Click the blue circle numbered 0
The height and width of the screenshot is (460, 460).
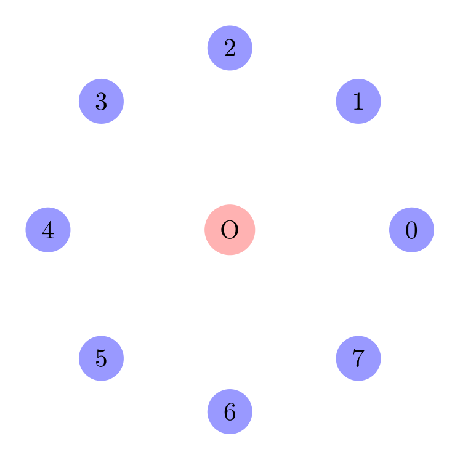tap(411, 230)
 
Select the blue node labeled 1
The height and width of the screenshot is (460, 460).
tap(358, 101)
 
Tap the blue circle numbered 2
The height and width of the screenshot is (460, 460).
tap(230, 48)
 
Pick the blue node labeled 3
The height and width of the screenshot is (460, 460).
tap(102, 101)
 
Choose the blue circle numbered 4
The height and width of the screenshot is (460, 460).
tap(48, 230)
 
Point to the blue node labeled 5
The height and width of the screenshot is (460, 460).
tap(102, 358)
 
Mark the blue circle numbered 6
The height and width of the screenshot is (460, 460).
tap(230, 411)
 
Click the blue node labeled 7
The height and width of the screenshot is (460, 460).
tap(358, 358)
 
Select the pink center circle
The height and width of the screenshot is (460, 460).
tap(230, 230)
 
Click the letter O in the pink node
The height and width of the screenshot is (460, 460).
tap(230, 230)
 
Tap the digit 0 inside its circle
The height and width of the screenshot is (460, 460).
tap(411, 230)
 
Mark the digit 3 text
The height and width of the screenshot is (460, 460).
tap(102, 102)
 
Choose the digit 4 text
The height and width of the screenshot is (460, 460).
tap(48, 230)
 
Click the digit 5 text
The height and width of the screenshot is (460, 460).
tap(102, 358)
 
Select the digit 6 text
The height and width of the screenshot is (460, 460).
tap(230, 412)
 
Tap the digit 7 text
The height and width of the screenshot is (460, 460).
tap(358, 358)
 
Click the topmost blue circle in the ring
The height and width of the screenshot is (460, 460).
tap(230, 48)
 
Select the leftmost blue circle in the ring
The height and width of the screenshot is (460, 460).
tap(48, 230)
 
